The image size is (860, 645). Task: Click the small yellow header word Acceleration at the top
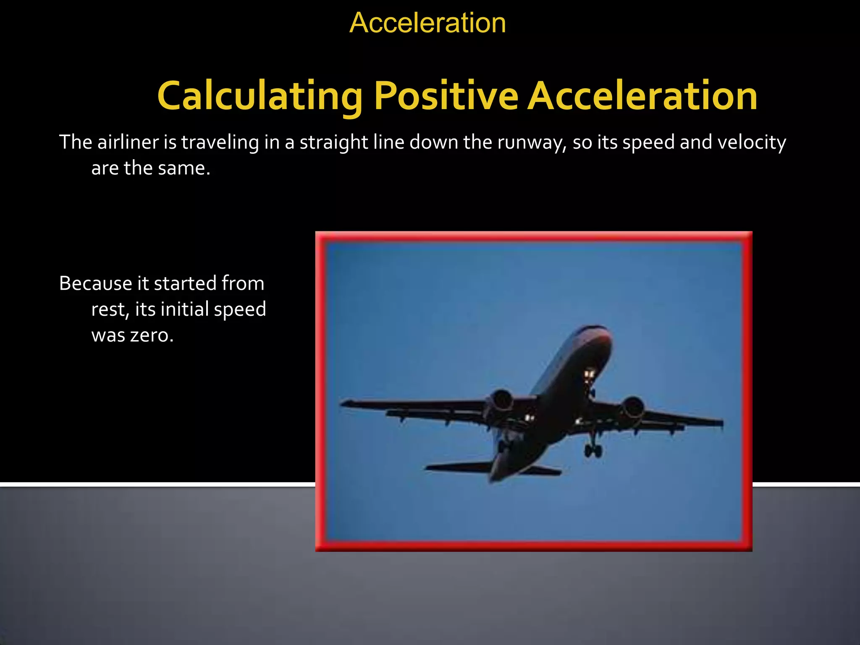coord(427,23)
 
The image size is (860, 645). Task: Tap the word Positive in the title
coord(446,96)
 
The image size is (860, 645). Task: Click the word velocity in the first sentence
coord(751,142)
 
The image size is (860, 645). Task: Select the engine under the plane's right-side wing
coord(632,407)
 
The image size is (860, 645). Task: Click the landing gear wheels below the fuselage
coord(593,451)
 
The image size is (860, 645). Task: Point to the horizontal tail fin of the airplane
coord(458,467)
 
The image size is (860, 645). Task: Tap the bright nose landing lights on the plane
coord(589,373)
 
